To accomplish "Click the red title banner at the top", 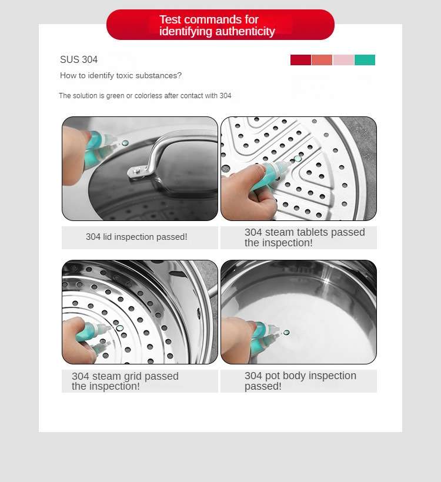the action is click(220, 25).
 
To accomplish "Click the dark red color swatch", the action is click(300, 60).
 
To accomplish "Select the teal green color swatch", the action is click(365, 60).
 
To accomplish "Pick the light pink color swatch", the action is click(343, 60).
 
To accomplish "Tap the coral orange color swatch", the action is click(322, 60).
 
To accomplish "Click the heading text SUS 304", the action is click(79, 59).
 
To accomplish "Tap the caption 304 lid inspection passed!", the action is click(136, 237).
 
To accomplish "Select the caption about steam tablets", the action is click(305, 237).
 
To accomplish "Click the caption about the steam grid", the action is click(125, 381).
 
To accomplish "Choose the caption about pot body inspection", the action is click(300, 380).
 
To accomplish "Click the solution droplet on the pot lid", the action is click(125, 143).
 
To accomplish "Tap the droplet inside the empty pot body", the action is click(286, 332).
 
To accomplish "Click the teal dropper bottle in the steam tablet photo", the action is click(270, 175).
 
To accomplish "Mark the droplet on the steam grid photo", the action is click(119, 329).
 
